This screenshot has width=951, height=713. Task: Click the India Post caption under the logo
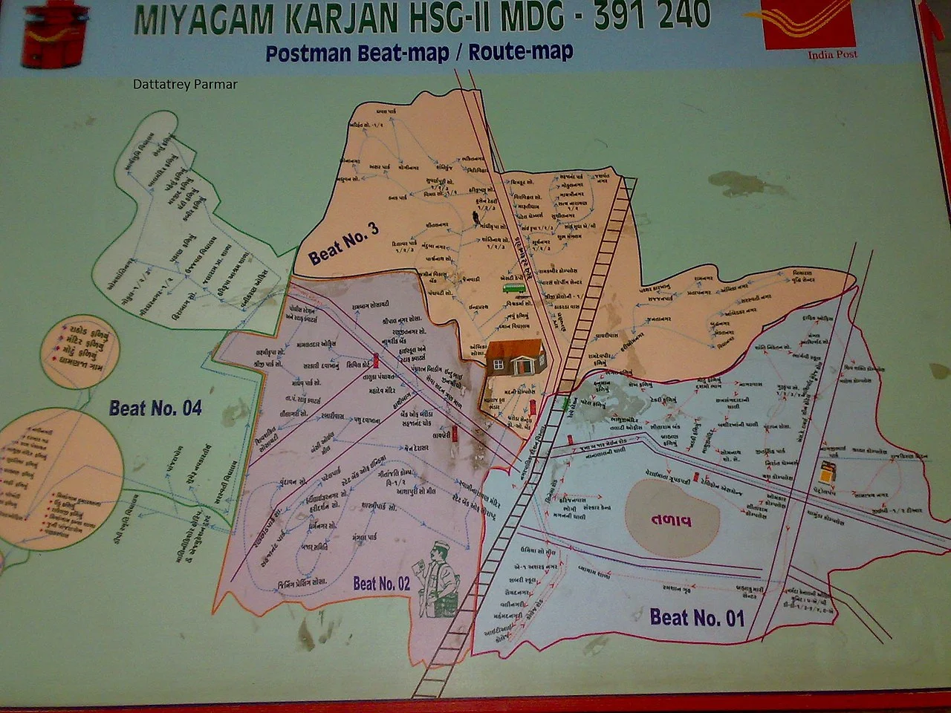tap(832, 54)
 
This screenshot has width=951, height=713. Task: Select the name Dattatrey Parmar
tap(185, 85)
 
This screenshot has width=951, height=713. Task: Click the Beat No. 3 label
tap(344, 243)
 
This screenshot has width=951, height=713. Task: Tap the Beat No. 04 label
tap(155, 408)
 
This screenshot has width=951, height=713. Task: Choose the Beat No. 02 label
tap(381, 584)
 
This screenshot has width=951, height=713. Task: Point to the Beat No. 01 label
tap(696, 616)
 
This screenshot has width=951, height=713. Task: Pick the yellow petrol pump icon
tap(825, 471)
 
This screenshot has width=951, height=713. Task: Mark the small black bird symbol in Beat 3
tap(473, 217)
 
